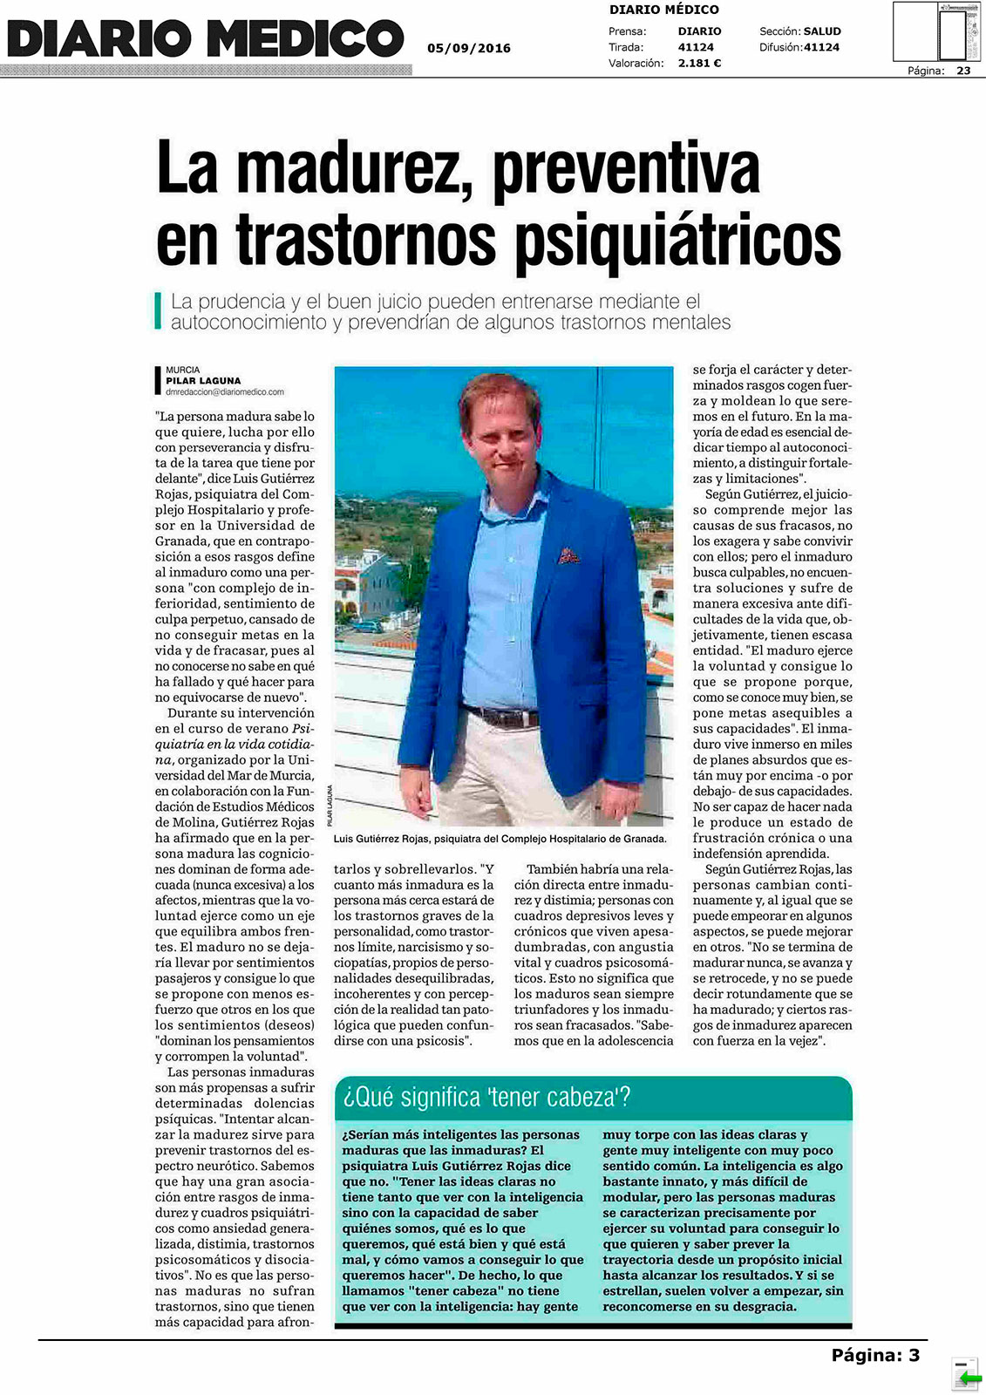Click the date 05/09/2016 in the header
pos(469,48)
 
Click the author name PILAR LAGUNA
pos(203,381)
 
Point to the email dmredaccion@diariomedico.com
pos(225,392)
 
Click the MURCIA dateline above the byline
pos(182,370)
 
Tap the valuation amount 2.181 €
pos(699,63)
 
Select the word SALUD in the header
pos(822,31)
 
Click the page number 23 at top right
pos(963,71)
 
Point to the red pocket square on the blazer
pos(568,555)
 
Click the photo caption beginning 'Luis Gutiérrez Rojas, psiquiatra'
pos(500,839)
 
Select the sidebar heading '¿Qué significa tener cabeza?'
pos(487,1097)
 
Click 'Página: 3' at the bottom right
pos(874,1355)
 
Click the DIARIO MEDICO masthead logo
pos(206,39)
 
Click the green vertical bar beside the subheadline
pos(158,311)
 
